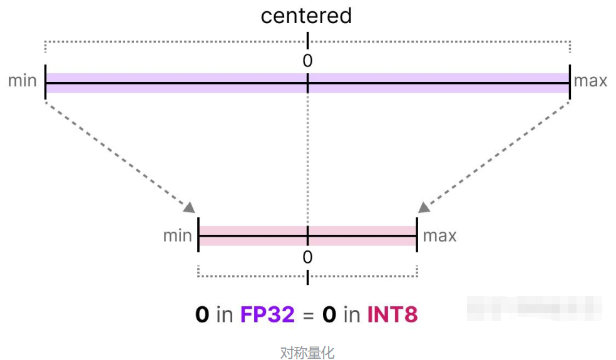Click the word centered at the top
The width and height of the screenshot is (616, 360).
coord(306,16)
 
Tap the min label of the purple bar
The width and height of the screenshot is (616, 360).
coord(23,81)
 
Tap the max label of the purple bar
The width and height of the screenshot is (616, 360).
coord(590,81)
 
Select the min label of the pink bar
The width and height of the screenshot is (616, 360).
coord(178,235)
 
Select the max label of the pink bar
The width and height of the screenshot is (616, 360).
coord(439,235)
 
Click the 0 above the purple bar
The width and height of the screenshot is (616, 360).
coord(307,61)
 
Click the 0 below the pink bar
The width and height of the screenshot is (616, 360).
coord(307,257)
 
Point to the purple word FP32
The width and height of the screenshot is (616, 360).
coord(267,314)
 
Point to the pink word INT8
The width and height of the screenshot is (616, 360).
coord(392,314)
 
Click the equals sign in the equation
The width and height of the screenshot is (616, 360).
coord(308,315)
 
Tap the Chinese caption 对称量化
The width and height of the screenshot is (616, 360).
coord(307,352)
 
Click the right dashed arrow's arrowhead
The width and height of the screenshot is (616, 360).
coord(424,207)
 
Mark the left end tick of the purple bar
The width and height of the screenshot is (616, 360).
coord(46,81)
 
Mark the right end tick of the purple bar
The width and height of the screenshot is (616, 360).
coord(570,81)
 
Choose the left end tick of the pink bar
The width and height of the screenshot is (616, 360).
coord(198,235)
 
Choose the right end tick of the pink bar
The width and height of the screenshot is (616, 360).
coord(416,235)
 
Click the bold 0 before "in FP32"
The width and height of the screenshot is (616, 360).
coord(202,314)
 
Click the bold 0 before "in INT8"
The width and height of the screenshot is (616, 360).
coord(329,314)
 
